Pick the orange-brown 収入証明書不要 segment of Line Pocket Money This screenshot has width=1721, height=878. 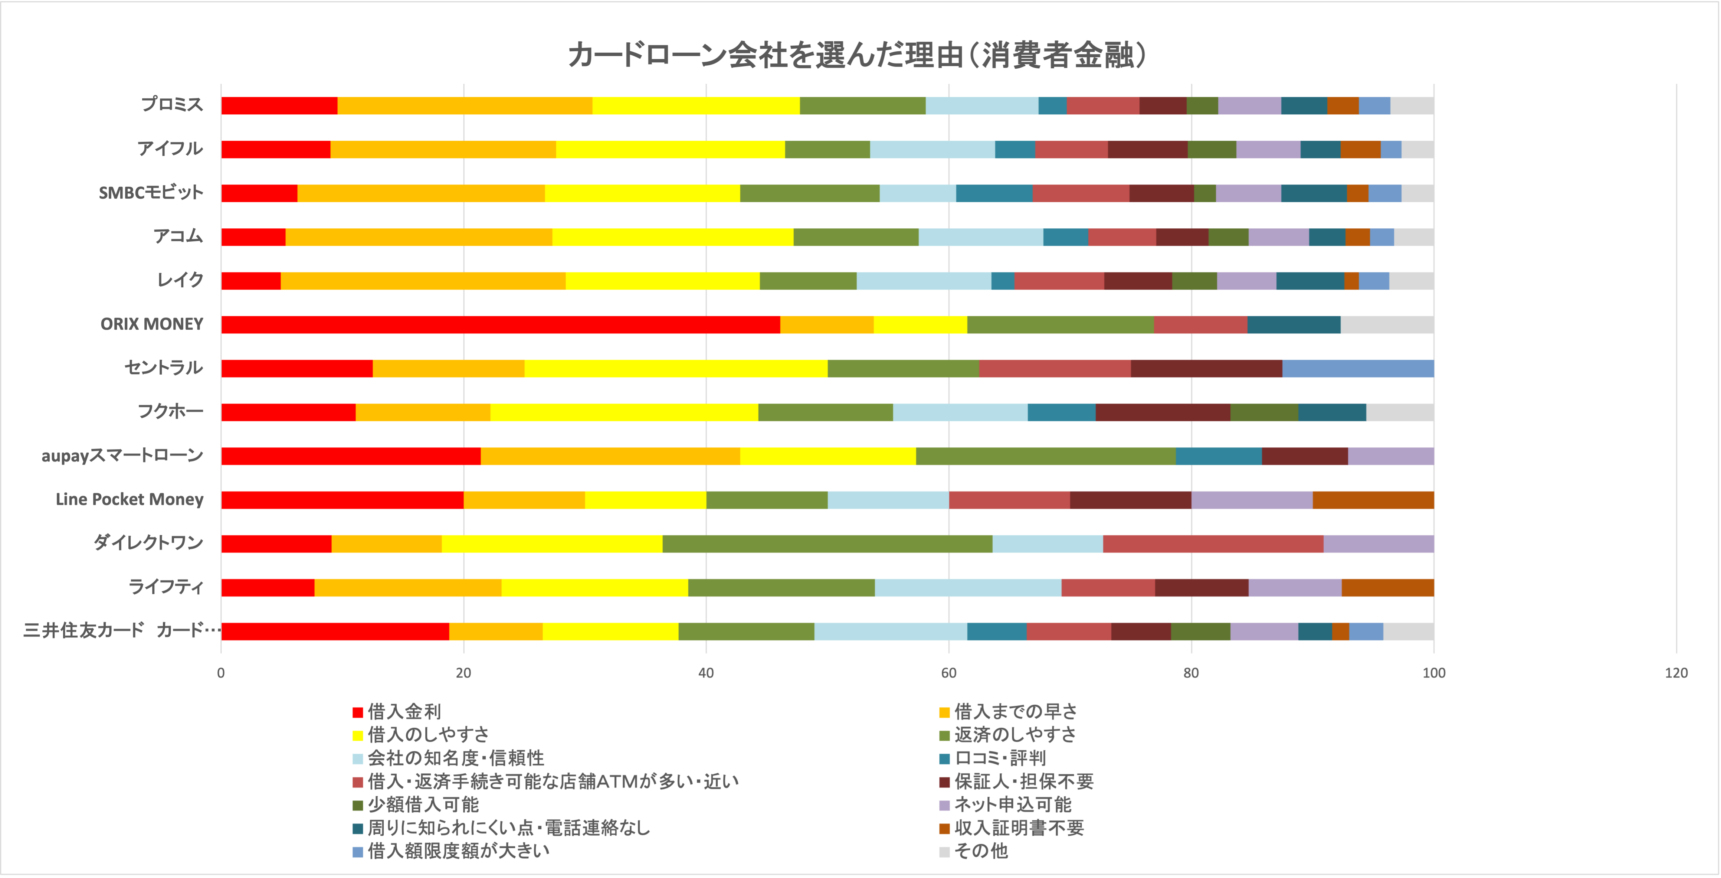[1373, 500]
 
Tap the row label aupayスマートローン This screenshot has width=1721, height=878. [122, 456]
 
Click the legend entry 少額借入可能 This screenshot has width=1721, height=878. [423, 804]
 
